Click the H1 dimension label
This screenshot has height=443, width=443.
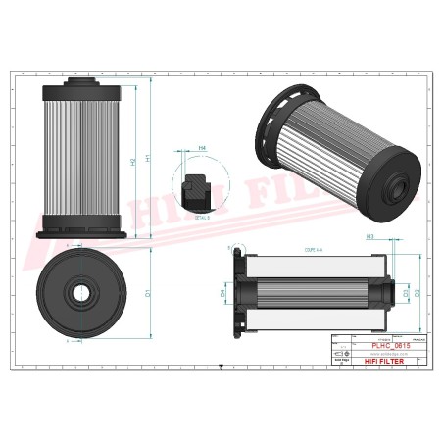(148, 157)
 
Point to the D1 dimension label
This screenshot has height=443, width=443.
(148, 293)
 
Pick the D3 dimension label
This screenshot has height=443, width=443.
(406, 292)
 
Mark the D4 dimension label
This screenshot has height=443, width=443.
(221, 292)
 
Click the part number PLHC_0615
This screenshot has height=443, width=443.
(378, 346)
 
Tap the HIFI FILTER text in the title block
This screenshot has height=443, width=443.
(377, 360)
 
